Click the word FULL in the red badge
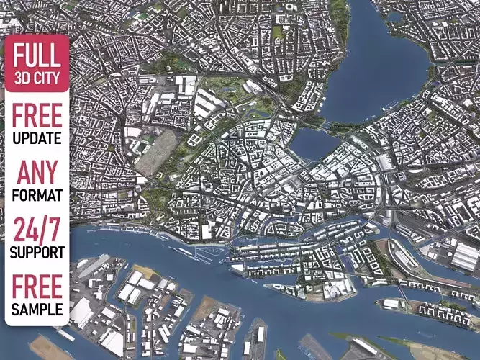click(x=37, y=56)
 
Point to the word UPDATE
click(x=37, y=138)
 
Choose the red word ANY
click(x=37, y=174)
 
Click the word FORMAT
click(x=37, y=195)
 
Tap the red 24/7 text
click(x=37, y=231)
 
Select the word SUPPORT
click(x=37, y=253)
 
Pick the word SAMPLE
click(x=37, y=310)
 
